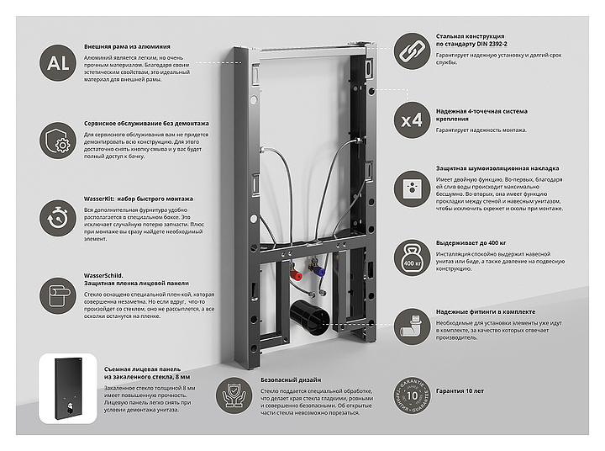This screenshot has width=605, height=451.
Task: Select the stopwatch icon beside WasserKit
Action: tap(59, 215)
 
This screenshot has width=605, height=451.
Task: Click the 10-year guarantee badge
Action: tap(412, 391)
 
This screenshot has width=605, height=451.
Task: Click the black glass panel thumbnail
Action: tap(61, 385)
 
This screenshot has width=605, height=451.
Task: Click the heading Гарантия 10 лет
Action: tap(460, 391)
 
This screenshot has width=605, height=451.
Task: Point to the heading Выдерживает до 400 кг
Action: tap(476, 242)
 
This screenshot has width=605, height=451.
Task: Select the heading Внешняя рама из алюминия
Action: tap(127, 46)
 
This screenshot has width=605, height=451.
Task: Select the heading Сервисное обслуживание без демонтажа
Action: tap(146, 123)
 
